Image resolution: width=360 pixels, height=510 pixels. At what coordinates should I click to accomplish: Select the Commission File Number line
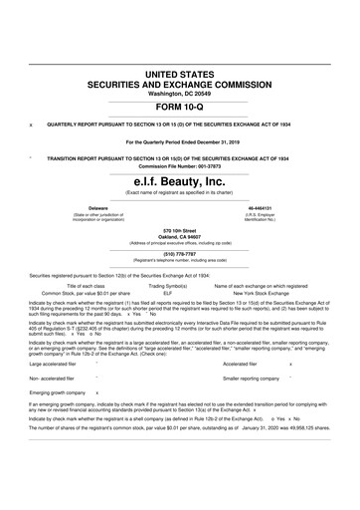180,165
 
